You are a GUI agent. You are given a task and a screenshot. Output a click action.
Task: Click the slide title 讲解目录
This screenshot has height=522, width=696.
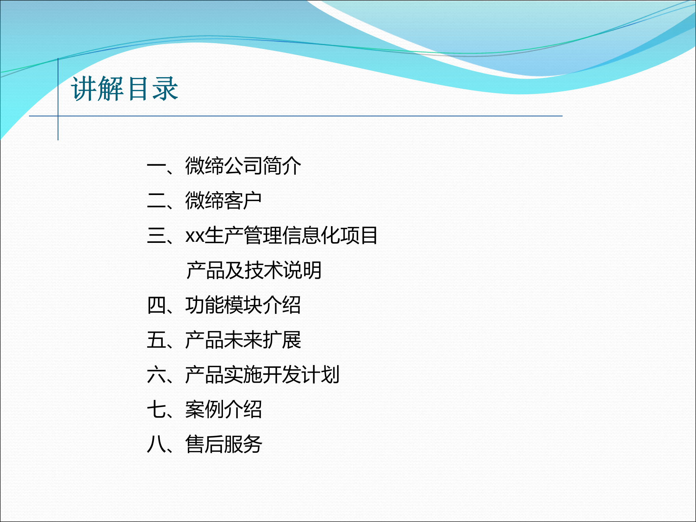pyautogui.click(x=124, y=89)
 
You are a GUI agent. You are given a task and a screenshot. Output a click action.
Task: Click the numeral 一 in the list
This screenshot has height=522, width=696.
pyautogui.click(x=156, y=166)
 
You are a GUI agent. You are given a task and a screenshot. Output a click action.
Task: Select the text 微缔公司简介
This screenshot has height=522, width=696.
pyautogui.click(x=243, y=166)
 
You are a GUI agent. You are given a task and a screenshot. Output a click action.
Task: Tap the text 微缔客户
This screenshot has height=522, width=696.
pyautogui.click(x=223, y=201)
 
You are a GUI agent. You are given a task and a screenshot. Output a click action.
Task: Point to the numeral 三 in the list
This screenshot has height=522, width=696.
pyautogui.click(x=156, y=236)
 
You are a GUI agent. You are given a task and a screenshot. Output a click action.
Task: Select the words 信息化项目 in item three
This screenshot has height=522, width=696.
pyautogui.click(x=330, y=236)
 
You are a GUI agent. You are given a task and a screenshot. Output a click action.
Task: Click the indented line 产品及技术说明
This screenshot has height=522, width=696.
pyautogui.click(x=254, y=270)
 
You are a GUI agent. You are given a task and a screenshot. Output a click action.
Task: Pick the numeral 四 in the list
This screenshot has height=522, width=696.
pyautogui.click(x=156, y=305)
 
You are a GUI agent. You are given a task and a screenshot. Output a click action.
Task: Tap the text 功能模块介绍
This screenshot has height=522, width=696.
pyautogui.click(x=243, y=305)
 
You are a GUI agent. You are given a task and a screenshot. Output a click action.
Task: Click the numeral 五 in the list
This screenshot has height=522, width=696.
pyautogui.click(x=156, y=340)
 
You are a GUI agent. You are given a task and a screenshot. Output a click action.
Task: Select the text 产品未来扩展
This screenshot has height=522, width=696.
pyautogui.click(x=243, y=340)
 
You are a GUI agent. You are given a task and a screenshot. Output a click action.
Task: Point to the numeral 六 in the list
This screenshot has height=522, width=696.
pyautogui.click(x=156, y=375)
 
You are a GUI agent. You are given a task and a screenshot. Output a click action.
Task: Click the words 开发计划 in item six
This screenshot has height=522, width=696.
pyautogui.click(x=301, y=375)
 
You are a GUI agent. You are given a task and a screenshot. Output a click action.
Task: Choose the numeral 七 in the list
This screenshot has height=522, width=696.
pyautogui.click(x=156, y=410)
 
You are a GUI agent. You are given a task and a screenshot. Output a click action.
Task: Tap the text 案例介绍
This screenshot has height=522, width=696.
pyautogui.click(x=223, y=410)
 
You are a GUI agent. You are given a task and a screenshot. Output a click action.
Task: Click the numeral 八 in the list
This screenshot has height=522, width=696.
pyautogui.click(x=156, y=444)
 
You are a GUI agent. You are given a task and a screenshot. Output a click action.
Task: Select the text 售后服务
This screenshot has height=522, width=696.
pyautogui.click(x=223, y=444)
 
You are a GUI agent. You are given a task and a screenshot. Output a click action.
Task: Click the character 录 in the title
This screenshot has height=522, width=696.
pyautogui.click(x=165, y=89)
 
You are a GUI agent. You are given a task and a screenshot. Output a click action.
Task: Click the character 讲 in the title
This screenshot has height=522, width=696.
pyautogui.click(x=84, y=89)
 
